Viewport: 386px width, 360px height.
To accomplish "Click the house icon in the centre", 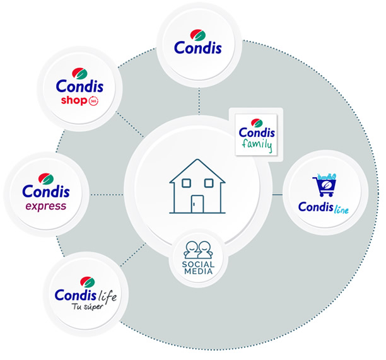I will click(197, 189).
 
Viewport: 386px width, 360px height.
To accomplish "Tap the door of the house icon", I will click(197, 204).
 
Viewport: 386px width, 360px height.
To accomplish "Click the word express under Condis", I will click(45, 206).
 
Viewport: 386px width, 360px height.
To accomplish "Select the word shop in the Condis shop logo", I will click(74, 101).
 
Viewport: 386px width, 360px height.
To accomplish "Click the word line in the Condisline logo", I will click(341, 207).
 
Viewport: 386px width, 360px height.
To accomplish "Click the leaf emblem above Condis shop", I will click(79, 72).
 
